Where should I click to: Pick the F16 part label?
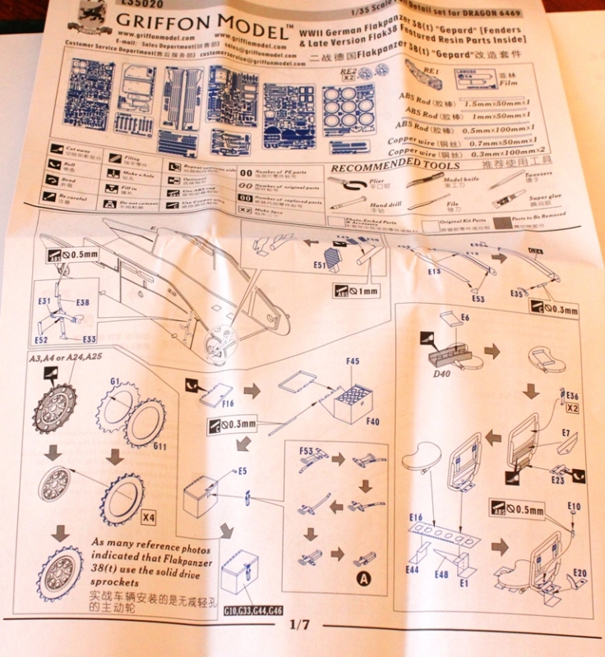(x=228, y=404)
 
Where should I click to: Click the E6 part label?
(x=464, y=316)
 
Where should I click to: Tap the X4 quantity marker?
(x=148, y=518)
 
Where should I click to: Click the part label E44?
(x=413, y=569)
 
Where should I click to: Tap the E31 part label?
(x=44, y=301)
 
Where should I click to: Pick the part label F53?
(x=308, y=451)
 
